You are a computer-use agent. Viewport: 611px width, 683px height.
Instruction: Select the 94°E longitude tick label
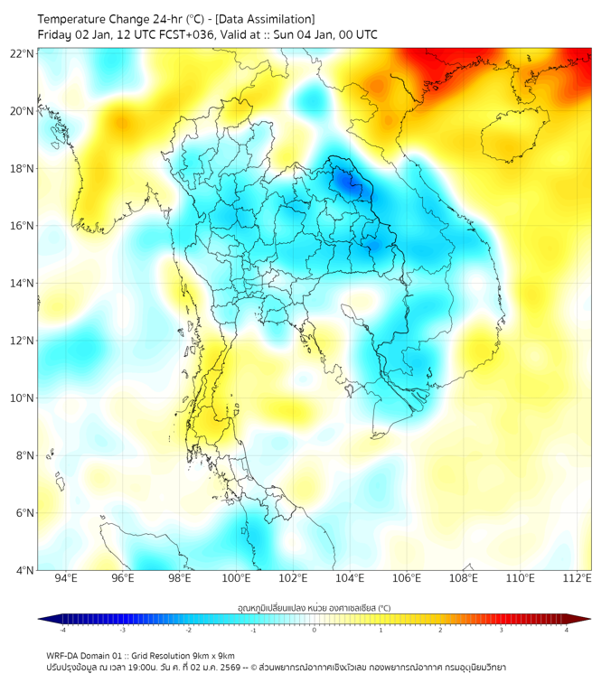pyautogui.click(x=66, y=579)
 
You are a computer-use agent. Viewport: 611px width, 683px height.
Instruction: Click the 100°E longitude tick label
pyautogui.click(x=237, y=579)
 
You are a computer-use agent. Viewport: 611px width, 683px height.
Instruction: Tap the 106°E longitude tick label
pyautogui.click(x=407, y=579)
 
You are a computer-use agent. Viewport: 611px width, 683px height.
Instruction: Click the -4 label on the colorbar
pyautogui.click(x=62, y=631)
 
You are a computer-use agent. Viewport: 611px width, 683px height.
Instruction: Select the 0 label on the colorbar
pyautogui.click(x=315, y=631)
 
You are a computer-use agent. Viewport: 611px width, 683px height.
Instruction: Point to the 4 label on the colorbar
pyautogui.click(x=567, y=631)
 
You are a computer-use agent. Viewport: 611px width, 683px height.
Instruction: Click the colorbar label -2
pyautogui.click(x=188, y=631)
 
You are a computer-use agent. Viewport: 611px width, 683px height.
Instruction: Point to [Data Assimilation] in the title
pyautogui.click(x=267, y=19)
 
